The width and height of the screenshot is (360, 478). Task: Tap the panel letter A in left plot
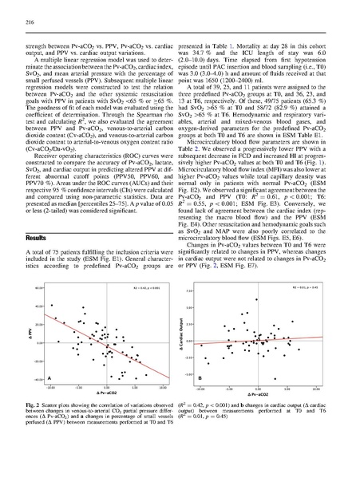tap(49, 377)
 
